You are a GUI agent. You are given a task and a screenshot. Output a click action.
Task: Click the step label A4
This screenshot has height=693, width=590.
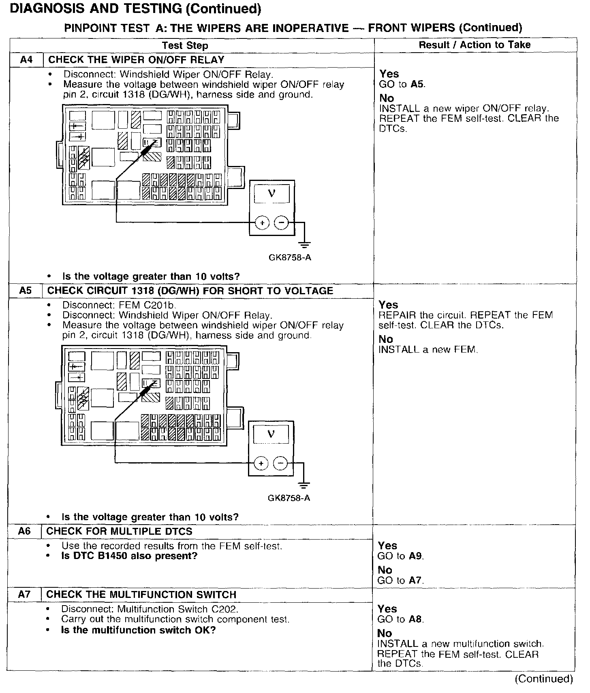26,60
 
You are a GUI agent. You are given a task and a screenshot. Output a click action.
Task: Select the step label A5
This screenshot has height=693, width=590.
26,291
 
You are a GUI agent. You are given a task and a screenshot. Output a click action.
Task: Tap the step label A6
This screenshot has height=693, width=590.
25,531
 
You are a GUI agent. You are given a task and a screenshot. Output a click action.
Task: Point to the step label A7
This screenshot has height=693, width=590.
24,594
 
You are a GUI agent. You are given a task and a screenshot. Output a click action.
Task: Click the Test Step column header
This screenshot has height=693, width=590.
185,46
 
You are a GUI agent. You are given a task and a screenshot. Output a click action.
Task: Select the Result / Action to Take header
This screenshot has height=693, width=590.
475,45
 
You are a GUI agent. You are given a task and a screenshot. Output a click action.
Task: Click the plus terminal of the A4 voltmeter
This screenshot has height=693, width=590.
263,223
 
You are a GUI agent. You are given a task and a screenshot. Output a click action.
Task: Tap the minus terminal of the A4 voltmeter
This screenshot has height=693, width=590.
282,223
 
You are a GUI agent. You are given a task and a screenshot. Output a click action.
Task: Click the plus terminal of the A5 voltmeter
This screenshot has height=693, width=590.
261,463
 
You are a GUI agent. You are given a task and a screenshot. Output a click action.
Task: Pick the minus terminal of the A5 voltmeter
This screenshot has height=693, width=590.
280,463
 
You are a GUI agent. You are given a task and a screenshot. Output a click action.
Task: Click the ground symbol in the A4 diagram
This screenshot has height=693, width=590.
304,244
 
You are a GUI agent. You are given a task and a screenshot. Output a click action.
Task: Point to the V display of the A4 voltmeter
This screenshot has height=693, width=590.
271,194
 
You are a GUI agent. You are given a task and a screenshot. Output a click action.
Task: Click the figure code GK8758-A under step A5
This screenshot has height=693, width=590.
289,498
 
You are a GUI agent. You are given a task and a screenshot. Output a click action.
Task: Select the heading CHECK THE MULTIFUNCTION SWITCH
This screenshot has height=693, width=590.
141,595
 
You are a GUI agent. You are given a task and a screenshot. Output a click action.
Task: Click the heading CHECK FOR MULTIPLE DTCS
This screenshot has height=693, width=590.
120,531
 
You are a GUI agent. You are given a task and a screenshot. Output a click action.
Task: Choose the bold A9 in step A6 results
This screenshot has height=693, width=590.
416,556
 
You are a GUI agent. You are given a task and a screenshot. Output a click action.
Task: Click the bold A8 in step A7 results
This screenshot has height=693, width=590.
415,619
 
